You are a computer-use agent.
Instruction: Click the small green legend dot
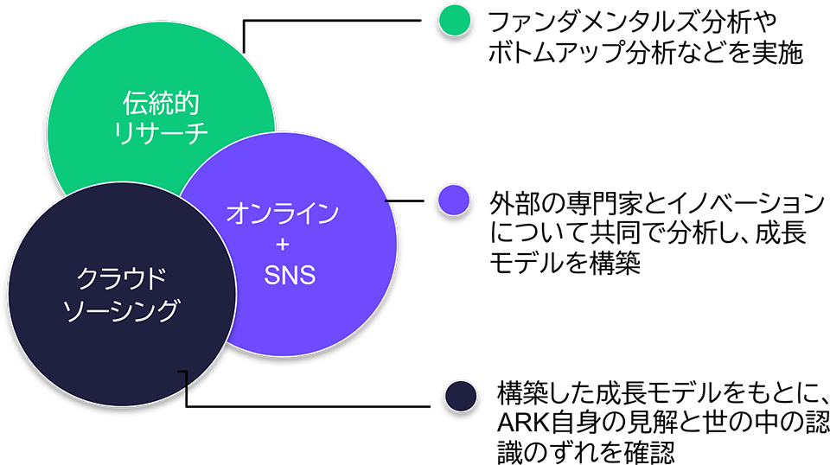click(x=455, y=21)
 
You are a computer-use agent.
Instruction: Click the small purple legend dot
click(x=454, y=200)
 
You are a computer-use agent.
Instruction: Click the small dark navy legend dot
click(x=461, y=396)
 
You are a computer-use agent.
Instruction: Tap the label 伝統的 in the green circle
click(x=161, y=103)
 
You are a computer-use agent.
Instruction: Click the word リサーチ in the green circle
click(x=161, y=132)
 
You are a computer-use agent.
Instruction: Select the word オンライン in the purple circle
click(x=283, y=213)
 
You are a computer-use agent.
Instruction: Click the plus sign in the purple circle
click(x=283, y=244)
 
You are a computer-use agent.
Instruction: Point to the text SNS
click(x=290, y=275)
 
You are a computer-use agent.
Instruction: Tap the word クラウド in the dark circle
click(x=121, y=278)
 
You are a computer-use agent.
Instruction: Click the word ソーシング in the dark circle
click(x=121, y=310)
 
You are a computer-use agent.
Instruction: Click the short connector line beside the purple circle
click(x=404, y=201)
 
